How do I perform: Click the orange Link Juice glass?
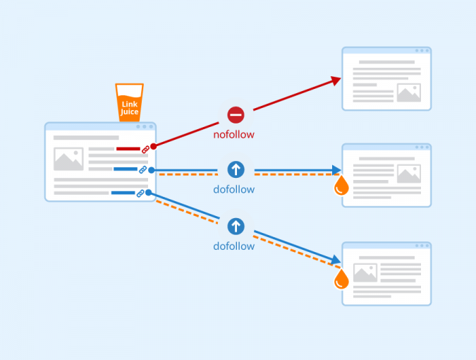129,103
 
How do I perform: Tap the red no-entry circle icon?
236,114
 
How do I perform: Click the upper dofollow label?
234,189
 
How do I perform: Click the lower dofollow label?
234,246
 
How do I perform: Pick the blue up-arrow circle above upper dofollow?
236,169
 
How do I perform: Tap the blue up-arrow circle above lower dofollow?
236,226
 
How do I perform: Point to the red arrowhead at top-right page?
336,81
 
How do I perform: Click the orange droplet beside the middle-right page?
341,186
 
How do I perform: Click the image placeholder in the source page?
68,159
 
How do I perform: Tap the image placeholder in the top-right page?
408,92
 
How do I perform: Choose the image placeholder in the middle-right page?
408,174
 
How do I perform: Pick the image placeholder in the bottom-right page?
365,272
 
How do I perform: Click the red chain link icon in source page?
145,150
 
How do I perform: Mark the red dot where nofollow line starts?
153,145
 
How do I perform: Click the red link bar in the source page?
128,149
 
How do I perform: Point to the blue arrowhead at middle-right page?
336,170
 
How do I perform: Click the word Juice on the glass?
130,112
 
